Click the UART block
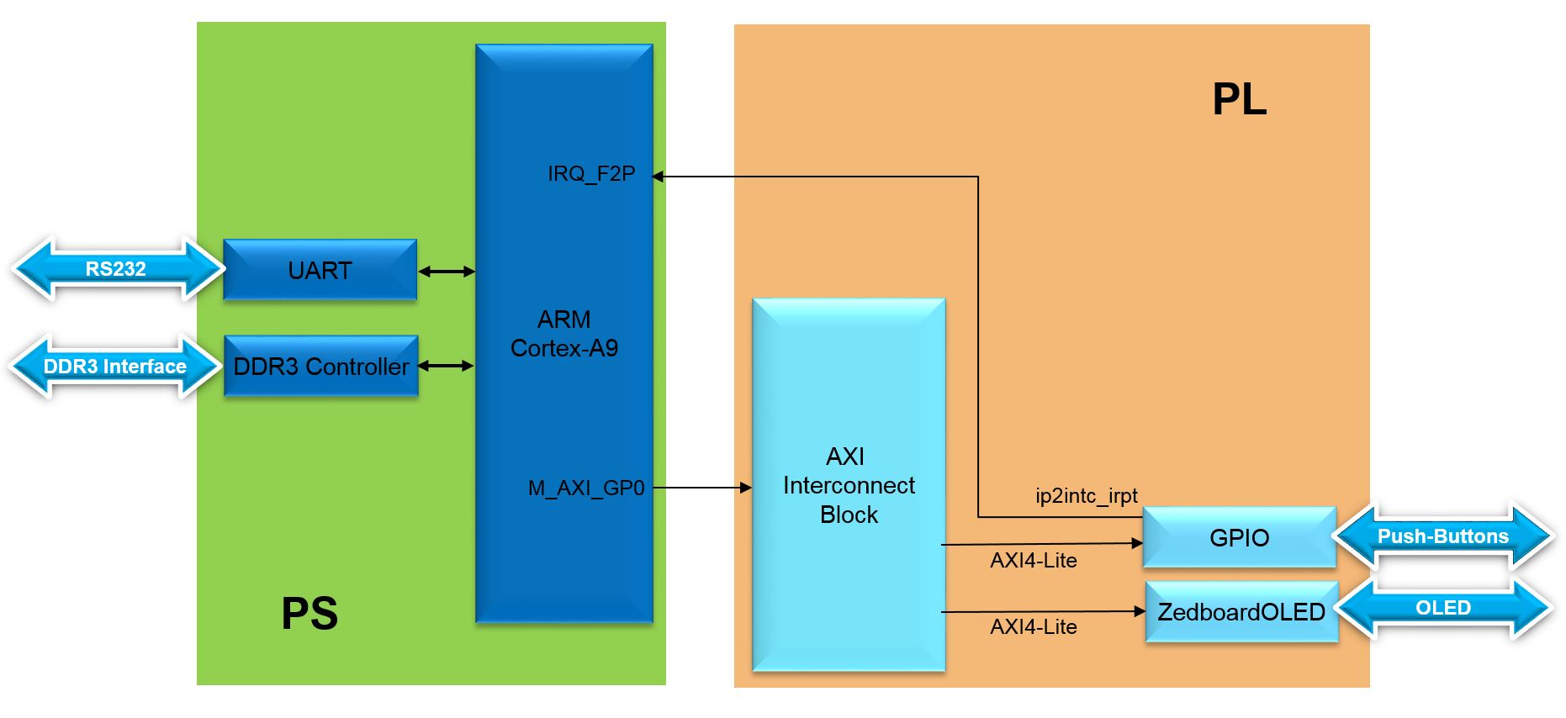click(x=320, y=270)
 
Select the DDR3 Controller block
click(x=321, y=367)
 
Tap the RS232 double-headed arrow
click(x=116, y=269)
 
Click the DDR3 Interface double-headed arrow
click(x=115, y=367)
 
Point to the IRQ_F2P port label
click(x=591, y=174)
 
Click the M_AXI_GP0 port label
click(x=586, y=488)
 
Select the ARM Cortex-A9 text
click(x=564, y=334)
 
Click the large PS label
click(x=309, y=613)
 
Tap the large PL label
click(x=1239, y=99)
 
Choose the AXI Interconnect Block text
click(x=849, y=485)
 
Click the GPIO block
click(x=1239, y=537)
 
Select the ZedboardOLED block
click(x=1241, y=612)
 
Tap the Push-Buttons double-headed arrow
click(x=1442, y=536)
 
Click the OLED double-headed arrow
click(x=1442, y=608)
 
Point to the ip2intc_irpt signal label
click(x=1087, y=496)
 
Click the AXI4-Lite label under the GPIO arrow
click(x=1034, y=561)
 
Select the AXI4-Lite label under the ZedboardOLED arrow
click(x=1034, y=627)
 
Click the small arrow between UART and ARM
click(x=447, y=272)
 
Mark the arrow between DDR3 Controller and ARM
click(x=447, y=366)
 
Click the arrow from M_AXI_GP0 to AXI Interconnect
click(x=702, y=487)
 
